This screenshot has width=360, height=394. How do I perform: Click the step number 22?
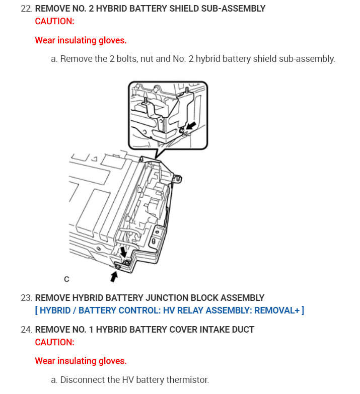click(x=26, y=9)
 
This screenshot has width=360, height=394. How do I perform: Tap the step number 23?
click(x=26, y=298)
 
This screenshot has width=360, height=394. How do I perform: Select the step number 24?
click(x=26, y=330)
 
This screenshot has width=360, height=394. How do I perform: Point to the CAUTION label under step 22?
click(x=54, y=21)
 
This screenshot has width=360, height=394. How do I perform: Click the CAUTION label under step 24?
click(x=54, y=342)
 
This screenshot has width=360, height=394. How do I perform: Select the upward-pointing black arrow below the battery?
click(x=115, y=275)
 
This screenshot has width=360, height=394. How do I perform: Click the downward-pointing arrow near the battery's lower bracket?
click(x=122, y=251)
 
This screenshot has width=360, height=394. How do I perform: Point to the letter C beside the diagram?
click(x=66, y=279)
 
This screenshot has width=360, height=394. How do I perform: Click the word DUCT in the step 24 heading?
click(x=243, y=330)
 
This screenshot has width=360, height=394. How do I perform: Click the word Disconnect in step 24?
click(x=79, y=380)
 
